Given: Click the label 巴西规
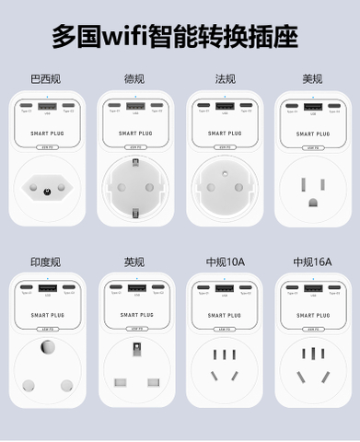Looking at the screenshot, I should point(45,77).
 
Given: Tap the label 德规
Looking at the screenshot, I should point(134,77).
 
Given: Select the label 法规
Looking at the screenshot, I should point(225,77).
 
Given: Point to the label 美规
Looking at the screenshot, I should point(313,77).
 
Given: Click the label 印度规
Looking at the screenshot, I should point(45,262).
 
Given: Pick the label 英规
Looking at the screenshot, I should point(134,262).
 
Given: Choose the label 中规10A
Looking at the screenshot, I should point(225,262).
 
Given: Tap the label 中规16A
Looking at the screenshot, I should point(313,262).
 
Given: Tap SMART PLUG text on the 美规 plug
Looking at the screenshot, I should point(313,131).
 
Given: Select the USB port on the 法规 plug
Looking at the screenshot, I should point(224,106).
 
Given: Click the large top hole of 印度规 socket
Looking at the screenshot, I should point(45,351).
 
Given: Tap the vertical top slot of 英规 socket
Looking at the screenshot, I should point(135,350).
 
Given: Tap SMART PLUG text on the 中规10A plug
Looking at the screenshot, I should point(224,315).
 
